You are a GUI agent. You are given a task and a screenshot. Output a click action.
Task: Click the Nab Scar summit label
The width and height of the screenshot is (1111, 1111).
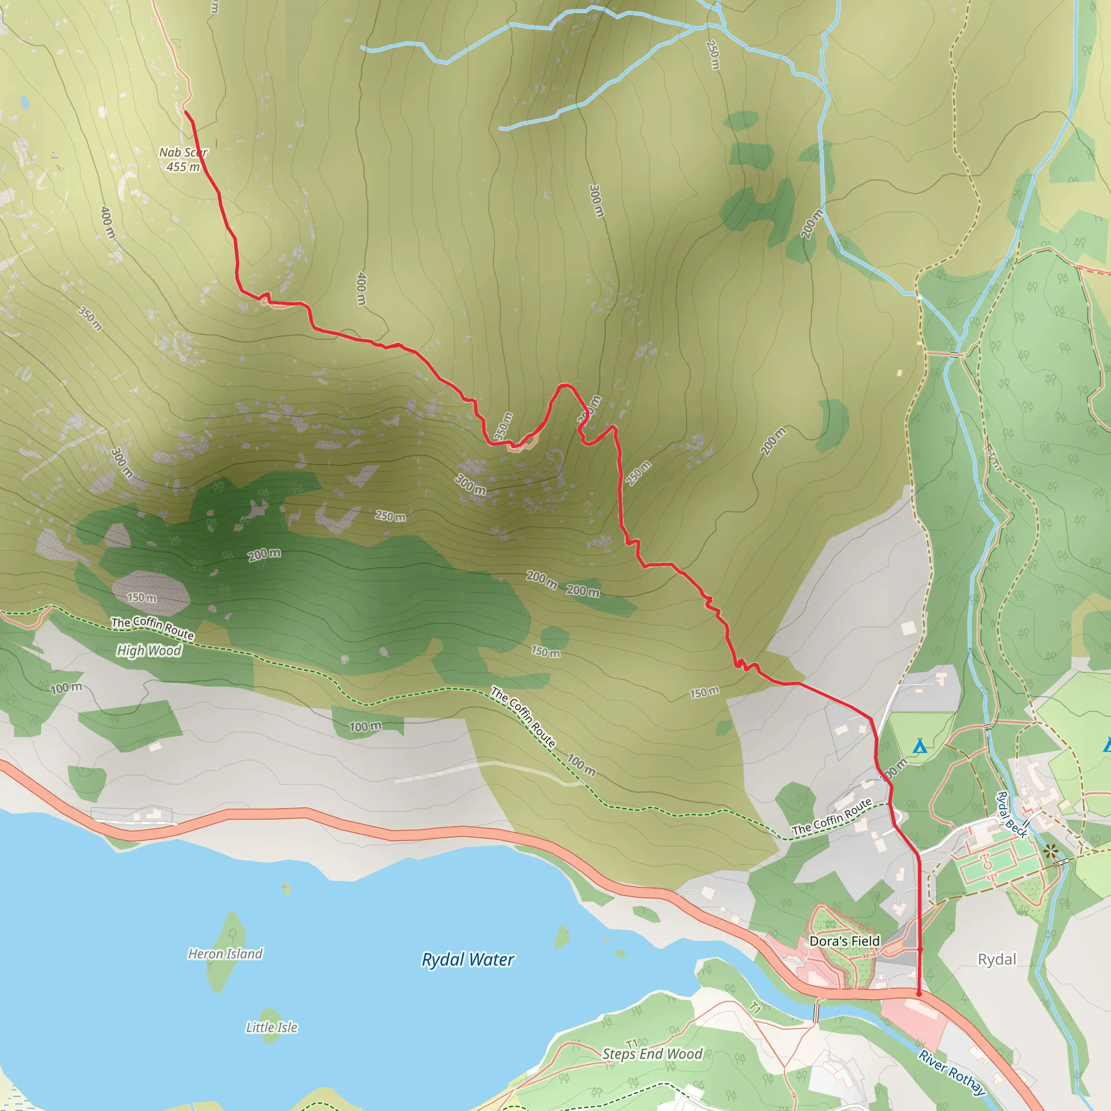[x=183, y=152]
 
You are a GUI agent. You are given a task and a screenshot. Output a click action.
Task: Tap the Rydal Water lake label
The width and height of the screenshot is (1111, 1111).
[x=468, y=960]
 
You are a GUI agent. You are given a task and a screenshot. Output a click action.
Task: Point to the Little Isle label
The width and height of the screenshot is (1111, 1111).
[x=271, y=1027]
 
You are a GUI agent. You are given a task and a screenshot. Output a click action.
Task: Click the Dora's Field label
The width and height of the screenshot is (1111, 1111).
[x=844, y=941]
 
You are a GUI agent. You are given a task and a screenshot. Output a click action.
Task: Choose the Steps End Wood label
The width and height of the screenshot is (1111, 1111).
[x=652, y=1054]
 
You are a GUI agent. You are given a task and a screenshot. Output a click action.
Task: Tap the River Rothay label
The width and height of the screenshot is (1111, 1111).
[x=952, y=1073]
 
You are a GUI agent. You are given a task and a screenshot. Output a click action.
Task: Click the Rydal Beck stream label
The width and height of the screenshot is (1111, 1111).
[x=1012, y=815]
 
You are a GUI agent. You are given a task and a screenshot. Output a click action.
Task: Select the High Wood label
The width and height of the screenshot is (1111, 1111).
[x=149, y=650]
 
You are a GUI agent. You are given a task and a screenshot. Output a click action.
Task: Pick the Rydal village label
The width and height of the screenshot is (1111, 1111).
[x=997, y=959]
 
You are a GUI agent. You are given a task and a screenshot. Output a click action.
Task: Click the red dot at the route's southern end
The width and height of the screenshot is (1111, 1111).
[x=919, y=994]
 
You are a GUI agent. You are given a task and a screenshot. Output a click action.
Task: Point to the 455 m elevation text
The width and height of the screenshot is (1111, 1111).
[x=183, y=167]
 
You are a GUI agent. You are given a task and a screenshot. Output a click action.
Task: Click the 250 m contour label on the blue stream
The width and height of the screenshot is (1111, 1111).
[x=713, y=55]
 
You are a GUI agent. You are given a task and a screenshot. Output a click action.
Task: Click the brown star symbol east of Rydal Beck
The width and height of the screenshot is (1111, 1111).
[x=1051, y=851]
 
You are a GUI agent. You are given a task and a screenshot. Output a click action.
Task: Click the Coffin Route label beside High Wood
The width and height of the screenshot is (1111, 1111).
[x=152, y=628]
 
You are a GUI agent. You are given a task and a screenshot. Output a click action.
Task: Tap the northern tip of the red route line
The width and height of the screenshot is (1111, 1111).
[x=185, y=111]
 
